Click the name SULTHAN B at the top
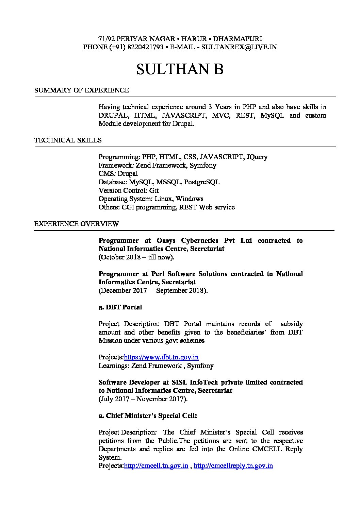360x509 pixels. tap(180, 69)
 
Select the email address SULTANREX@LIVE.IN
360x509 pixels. tap(239, 47)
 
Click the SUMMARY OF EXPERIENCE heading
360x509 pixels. tap(82, 90)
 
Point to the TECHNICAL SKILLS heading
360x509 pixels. tap(68, 140)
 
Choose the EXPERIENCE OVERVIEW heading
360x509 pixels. tap(77, 224)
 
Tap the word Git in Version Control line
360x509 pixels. tap(154, 190)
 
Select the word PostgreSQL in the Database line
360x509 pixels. tap(202, 182)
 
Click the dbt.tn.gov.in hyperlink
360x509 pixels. tap(161, 357)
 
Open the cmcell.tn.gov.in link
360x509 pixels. tap(156, 466)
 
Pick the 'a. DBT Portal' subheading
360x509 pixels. tap(120, 307)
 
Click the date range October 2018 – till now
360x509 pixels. tap(136, 257)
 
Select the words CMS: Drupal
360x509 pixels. tap(118, 174)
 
